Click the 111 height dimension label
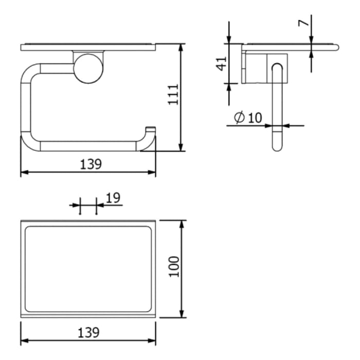click(173, 94)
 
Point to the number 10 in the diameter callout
click(255, 118)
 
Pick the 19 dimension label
click(113, 197)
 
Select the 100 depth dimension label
click(174, 266)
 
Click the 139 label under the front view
click(91, 164)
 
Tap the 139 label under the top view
click(88, 333)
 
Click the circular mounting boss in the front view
click(88, 68)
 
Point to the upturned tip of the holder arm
click(151, 130)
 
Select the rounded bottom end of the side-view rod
click(277, 146)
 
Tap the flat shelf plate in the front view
click(87, 47)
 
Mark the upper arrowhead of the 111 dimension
click(181, 48)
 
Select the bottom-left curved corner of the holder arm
click(28, 142)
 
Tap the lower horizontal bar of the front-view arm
click(87, 146)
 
